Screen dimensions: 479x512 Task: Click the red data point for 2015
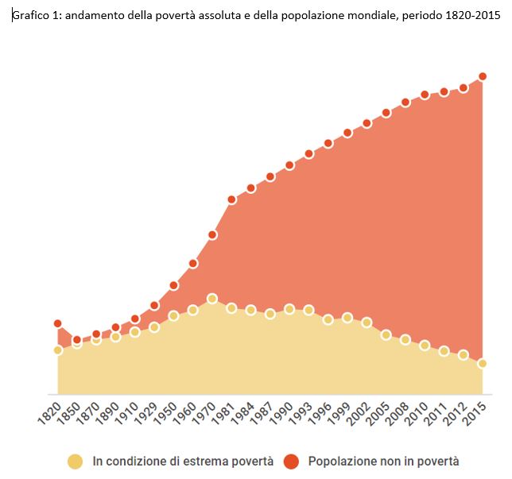pyautogui.click(x=483, y=76)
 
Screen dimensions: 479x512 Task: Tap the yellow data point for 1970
pyautogui.click(x=212, y=299)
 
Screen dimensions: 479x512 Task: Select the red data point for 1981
pyautogui.click(x=231, y=199)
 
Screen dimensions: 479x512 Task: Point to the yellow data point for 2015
pyautogui.click(x=483, y=364)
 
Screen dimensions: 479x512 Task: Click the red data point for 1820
pyautogui.click(x=58, y=323)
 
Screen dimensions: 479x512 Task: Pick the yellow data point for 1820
pyautogui.click(x=58, y=350)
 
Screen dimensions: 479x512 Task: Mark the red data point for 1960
pyautogui.click(x=193, y=263)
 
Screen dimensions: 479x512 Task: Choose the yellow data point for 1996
pyautogui.click(x=328, y=319)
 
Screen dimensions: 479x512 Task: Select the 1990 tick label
pyautogui.click(x=280, y=416)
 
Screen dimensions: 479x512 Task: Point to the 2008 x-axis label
pyautogui.click(x=395, y=416)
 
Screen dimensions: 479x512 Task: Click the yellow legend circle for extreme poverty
pyautogui.click(x=76, y=461)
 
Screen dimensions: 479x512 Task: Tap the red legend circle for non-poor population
pyautogui.click(x=291, y=461)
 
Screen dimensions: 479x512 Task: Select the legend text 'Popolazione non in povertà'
pyautogui.click(x=383, y=461)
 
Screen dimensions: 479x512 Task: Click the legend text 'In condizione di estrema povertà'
pyautogui.click(x=183, y=461)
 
